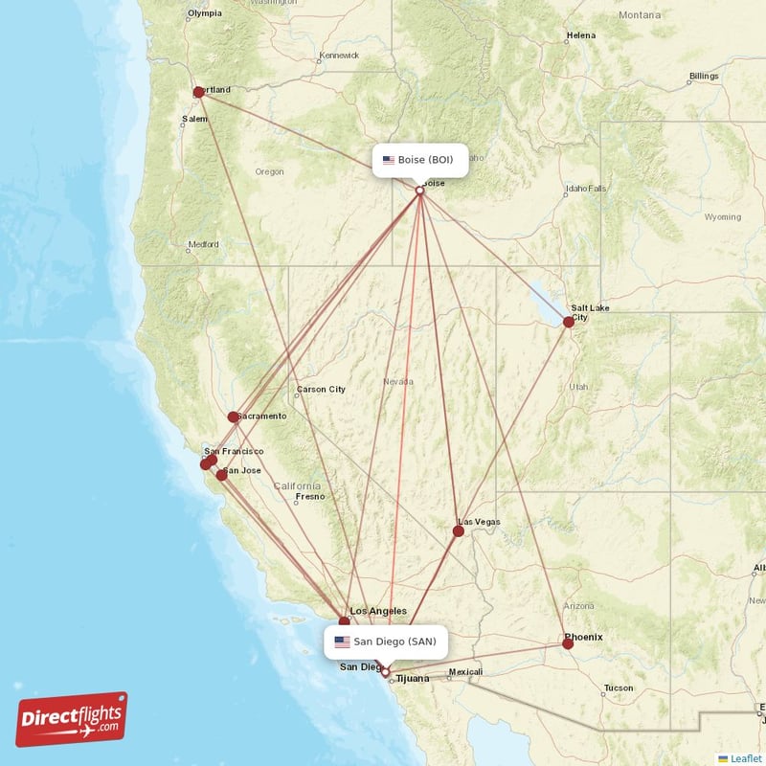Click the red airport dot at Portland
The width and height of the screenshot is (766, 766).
pos(198,93)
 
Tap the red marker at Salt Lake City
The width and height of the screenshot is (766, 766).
pos(569,323)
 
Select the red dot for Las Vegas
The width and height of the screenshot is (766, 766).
pos(460,529)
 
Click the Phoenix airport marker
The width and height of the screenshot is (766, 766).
pos(568,643)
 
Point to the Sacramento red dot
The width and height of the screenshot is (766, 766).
pos(234,417)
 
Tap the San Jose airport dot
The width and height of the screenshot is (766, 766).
pos(222,474)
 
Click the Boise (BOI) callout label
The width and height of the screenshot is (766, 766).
pos(419,160)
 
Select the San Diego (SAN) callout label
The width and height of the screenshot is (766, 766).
pos(387,642)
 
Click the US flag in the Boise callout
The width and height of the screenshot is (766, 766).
pos(389,160)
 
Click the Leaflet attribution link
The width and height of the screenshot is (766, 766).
pos(744,757)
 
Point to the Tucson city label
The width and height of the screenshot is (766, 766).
pos(619,687)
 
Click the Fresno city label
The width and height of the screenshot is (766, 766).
pos(309,496)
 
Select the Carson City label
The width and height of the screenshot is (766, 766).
pos(321,390)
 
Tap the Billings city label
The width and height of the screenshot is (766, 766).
pos(704,76)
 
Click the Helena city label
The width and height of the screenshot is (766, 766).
pos(581,35)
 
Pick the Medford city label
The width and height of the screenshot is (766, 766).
pos(203,244)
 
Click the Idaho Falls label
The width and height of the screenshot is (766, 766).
pos(585,189)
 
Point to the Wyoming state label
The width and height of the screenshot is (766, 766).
pos(722,217)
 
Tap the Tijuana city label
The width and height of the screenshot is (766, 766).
pos(414,678)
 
